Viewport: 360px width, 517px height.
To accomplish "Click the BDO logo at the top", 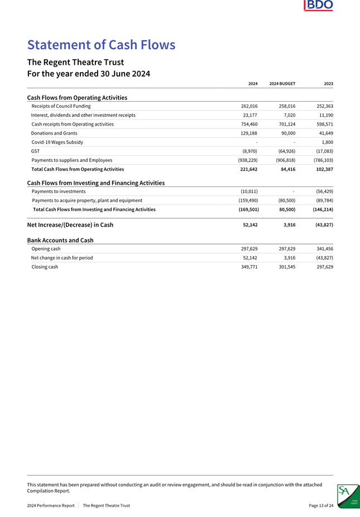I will pyautogui.click(x=319, y=6).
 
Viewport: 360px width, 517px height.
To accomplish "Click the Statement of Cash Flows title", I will pyautogui.click(x=101, y=45).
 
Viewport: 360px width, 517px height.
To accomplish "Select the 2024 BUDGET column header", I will pyautogui.click(x=282, y=84).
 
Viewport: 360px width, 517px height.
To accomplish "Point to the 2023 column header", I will pyautogui.click(x=328, y=84).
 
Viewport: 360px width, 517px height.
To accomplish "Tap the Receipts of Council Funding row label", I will pyautogui.click(x=61, y=106).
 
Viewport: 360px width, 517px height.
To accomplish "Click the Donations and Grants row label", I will pyautogui.click(x=55, y=133).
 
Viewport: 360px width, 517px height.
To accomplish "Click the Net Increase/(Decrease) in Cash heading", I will pyautogui.click(x=70, y=224).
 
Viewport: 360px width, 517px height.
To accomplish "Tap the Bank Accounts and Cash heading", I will pyautogui.click(x=60, y=240).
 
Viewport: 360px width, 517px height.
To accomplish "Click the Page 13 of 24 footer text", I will pyautogui.click(x=321, y=505).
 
